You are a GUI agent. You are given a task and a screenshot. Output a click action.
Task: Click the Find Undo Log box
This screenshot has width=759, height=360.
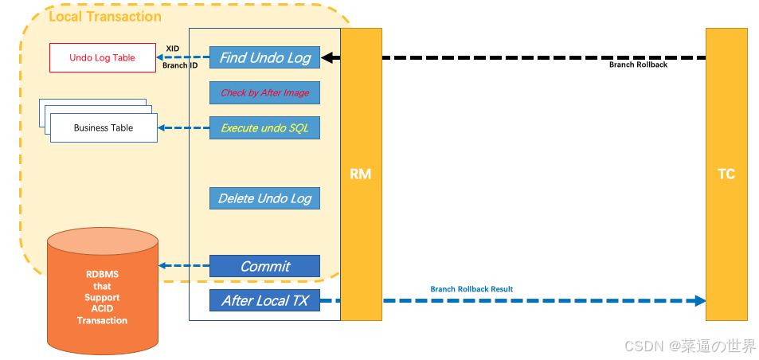pos(264,57)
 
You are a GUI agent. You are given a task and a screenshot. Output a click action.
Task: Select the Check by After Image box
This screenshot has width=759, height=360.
pos(264,92)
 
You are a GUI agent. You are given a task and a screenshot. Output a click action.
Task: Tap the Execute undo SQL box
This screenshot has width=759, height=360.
pos(264,127)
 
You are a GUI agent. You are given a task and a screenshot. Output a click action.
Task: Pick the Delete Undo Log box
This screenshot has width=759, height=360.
pos(264,198)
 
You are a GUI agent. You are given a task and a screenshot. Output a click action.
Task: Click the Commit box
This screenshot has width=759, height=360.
pos(264,266)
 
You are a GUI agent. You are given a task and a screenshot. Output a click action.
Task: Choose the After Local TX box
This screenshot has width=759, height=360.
pos(264,300)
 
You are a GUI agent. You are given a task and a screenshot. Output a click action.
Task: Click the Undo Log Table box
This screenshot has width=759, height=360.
pos(103,57)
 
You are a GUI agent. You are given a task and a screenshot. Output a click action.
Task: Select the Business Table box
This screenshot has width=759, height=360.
pos(104,127)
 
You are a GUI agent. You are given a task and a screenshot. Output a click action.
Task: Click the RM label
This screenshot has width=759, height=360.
pos(361,174)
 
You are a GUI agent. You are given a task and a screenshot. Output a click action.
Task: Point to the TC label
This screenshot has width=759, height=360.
pos(726,174)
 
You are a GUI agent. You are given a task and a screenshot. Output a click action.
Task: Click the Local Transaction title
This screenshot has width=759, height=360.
pos(105,17)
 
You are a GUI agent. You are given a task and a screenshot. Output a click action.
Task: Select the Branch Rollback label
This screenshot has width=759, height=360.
pos(638,65)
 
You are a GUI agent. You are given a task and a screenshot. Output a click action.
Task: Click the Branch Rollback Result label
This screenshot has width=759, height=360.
pos(471,289)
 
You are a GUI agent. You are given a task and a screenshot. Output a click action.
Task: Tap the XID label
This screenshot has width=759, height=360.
pos(172,49)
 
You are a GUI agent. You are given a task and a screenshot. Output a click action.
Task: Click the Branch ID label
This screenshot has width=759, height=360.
pos(179,65)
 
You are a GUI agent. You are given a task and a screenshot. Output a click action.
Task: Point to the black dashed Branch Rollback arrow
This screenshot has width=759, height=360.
pos(518,57)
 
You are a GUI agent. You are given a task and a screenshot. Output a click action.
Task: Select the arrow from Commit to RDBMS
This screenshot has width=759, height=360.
pos(183,266)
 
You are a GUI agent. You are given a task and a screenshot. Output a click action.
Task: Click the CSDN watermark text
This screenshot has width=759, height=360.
pos(690,346)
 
